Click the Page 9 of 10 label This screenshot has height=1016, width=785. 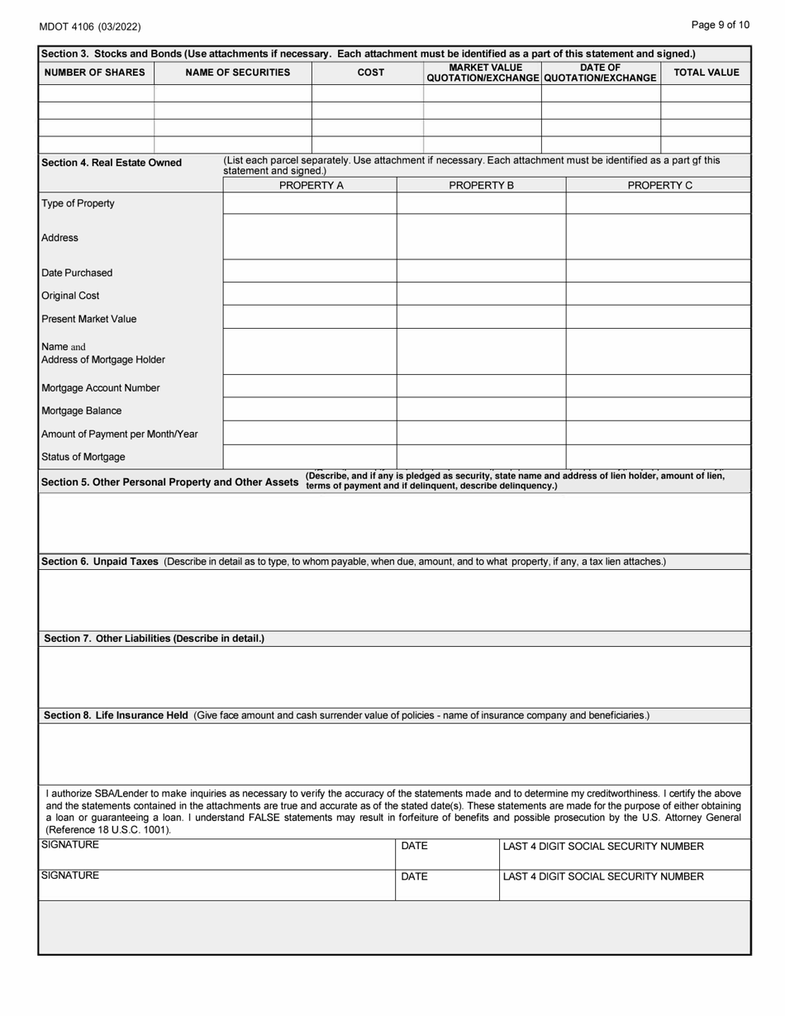click(x=721, y=25)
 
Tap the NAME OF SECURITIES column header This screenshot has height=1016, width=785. click(x=237, y=73)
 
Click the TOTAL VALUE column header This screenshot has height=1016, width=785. click(x=706, y=73)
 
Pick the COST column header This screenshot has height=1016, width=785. click(x=370, y=73)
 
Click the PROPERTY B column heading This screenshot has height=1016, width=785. click(x=481, y=186)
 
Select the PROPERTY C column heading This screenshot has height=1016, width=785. click(x=659, y=186)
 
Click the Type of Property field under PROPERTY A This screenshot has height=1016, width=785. click(x=310, y=203)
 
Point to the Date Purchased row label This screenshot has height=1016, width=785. click(x=77, y=273)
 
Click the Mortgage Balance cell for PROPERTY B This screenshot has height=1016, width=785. click(x=481, y=411)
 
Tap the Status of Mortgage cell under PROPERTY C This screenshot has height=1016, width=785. click(x=659, y=457)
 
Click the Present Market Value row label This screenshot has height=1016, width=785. click(x=89, y=319)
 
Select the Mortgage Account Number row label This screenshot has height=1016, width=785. click(x=101, y=387)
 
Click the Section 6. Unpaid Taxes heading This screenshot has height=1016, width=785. click(x=100, y=562)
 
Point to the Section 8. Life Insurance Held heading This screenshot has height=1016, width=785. click(x=116, y=715)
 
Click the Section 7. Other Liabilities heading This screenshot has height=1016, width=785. click(x=154, y=639)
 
